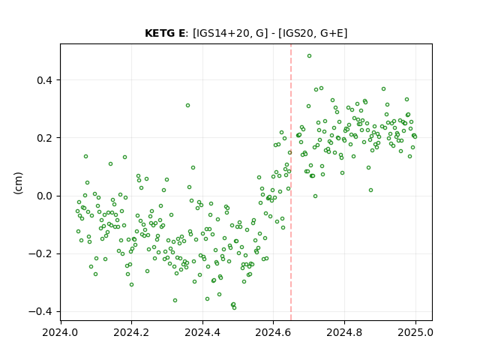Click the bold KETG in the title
click(x=160, y=33)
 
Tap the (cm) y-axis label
click(x=18, y=183)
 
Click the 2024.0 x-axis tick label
click(x=60, y=332)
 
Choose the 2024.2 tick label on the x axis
click(x=131, y=332)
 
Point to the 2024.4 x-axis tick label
click(x=202, y=332)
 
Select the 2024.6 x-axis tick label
click(x=273, y=332)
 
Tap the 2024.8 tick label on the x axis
click(x=344, y=332)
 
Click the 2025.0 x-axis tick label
click(x=415, y=332)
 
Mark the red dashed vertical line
click(x=291, y=182)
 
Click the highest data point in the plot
click(x=309, y=56)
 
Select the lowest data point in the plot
click(x=234, y=308)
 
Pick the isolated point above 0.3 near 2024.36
click(x=187, y=105)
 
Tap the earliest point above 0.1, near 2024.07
click(x=85, y=157)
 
